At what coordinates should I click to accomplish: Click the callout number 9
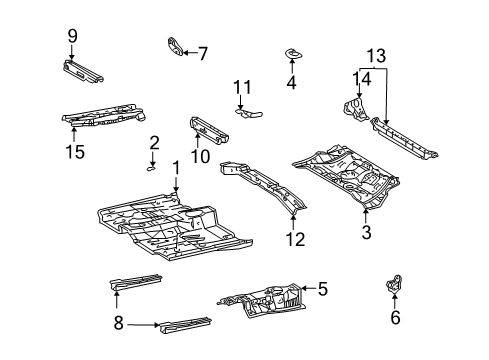(72, 36)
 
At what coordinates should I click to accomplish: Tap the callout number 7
(203, 53)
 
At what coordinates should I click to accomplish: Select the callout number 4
(291, 83)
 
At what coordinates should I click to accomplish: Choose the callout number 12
(293, 239)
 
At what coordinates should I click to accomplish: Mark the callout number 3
(366, 234)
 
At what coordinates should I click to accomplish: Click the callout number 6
(394, 318)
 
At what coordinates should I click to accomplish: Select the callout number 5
(322, 290)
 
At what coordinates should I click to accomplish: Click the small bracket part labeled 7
(175, 46)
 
